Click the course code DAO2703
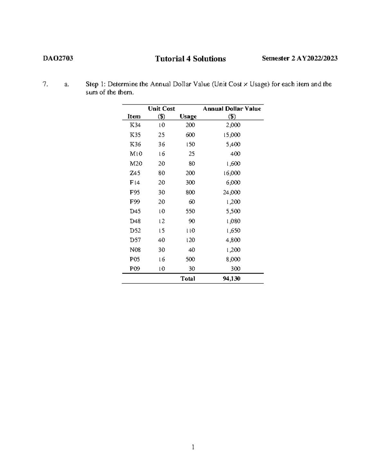pos(58,58)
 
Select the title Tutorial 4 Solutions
pos(190,59)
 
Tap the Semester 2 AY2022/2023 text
pos(299,58)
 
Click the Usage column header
pos(188,116)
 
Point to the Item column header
pos(134,116)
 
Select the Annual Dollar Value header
pos(232,109)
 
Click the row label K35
pos(135,135)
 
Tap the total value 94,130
pos(231,279)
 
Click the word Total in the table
pos(188,279)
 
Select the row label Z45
pos(135,173)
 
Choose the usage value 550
pos(190,211)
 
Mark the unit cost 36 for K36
pos(161,144)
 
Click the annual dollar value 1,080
pos(233,221)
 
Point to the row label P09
pos(135,269)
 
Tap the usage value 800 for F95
pos(190,192)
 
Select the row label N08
pos(135,250)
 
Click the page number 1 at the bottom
pos(193,447)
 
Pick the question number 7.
pos(45,84)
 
